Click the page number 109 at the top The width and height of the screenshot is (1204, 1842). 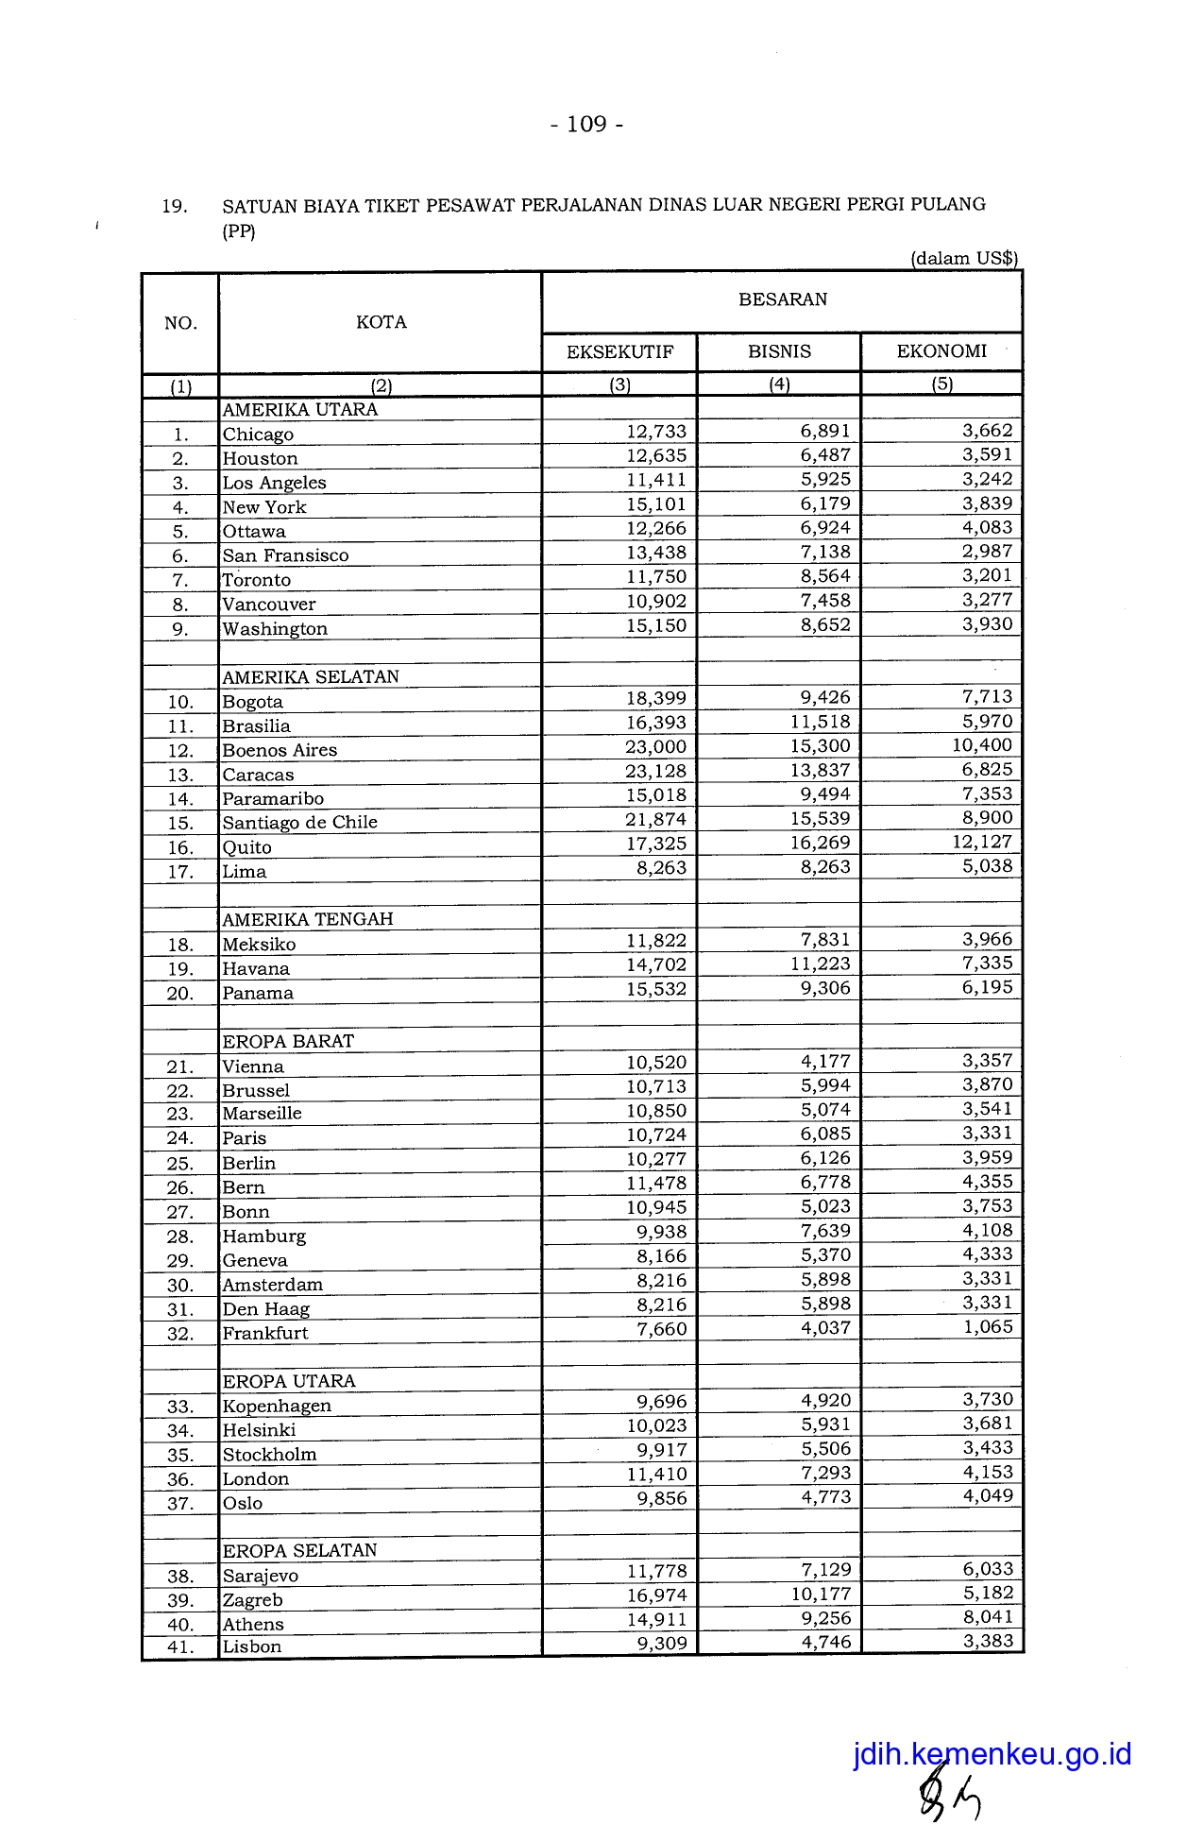[x=586, y=125]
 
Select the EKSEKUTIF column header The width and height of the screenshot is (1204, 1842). [x=619, y=352]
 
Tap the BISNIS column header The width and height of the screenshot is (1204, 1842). [x=779, y=352]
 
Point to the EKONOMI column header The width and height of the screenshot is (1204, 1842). [x=941, y=351]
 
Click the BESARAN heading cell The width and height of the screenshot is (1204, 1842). [x=782, y=300]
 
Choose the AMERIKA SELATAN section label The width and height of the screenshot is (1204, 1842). [x=311, y=677]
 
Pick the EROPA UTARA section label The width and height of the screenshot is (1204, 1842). [x=289, y=1381]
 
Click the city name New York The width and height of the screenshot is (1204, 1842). [x=264, y=507]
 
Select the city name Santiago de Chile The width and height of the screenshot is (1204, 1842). [x=299, y=823]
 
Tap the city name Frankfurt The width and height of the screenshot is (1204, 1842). [x=265, y=1334]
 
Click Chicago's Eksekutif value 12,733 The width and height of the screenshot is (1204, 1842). [x=656, y=432]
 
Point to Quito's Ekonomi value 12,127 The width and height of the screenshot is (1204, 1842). [x=982, y=843]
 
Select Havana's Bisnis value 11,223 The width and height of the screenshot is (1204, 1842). [x=821, y=964]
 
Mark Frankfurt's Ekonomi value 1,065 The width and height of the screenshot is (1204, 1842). [x=987, y=1327]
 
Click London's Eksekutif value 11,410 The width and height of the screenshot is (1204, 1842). [x=656, y=1475]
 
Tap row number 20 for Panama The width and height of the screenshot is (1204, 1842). [x=179, y=994]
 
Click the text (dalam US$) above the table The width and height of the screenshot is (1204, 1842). [x=963, y=259]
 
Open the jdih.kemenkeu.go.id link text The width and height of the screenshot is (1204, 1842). [x=992, y=1754]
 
